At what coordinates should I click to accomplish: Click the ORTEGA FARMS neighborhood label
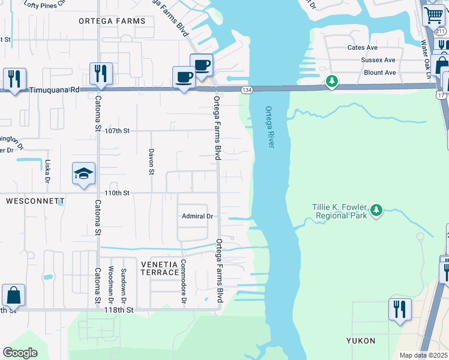point(112,21)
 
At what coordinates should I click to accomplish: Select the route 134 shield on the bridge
point(246,89)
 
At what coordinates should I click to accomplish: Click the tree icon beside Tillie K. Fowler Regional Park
point(376,209)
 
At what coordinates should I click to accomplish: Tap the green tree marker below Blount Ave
point(331,81)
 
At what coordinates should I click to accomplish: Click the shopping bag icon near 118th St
point(13,296)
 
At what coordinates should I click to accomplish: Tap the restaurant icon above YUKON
point(400,310)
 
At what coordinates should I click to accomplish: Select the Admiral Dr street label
point(197,216)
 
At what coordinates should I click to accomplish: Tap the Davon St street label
point(151,161)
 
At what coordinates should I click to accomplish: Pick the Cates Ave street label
point(362,47)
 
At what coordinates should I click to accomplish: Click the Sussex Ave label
point(378,60)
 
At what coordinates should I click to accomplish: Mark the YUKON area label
point(360,341)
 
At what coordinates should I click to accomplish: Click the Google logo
point(20,353)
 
